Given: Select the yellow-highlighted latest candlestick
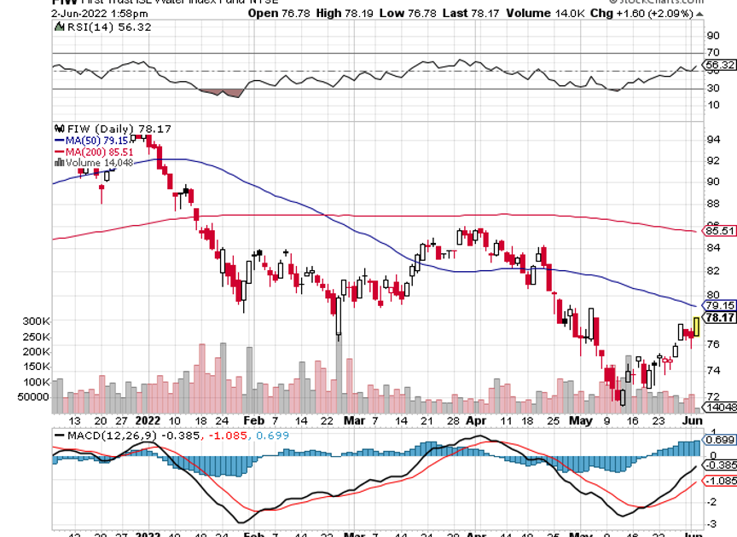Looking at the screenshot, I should click(697, 326).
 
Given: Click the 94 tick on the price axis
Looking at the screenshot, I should click(712, 139).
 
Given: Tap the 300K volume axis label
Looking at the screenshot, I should click(38, 321).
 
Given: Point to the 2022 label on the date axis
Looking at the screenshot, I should click(148, 420).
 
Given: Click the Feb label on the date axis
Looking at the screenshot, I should click(252, 420).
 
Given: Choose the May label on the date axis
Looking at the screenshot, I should click(580, 420).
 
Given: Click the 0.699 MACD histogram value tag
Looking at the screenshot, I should click(720, 440).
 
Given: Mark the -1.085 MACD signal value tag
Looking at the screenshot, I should click(720, 481).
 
